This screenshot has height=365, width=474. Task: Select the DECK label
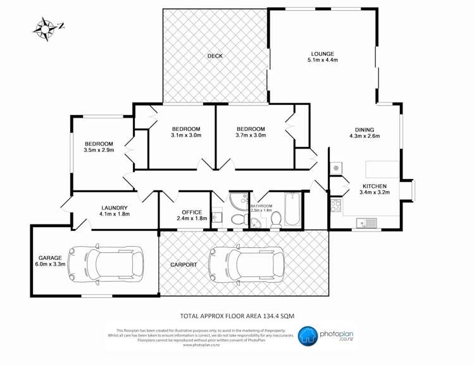pyautogui.click(x=215, y=56)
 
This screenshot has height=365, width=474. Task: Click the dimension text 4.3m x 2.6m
pyautogui.click(x=363, y=135)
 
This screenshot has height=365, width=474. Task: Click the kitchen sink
pyautogui.click(x=366, y=222)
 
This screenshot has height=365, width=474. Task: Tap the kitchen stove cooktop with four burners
pyautogui.click(x=335, y=205)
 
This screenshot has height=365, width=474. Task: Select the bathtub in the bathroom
pyautogui.click(x=292, y=211)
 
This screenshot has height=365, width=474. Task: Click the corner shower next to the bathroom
pyautogui.click(x=239, y=202)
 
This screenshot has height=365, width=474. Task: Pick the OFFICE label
pyautogui.click(x=191, y=212)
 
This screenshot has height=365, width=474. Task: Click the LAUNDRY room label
pyautogui.click(x=114, y=207)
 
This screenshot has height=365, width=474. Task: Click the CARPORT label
pyautogui.click(x=184, y=264)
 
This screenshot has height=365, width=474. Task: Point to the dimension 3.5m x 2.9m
pyautogui.click(x=99, y=151)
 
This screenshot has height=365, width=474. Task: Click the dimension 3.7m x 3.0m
pyautogui.click(x=251, y=135)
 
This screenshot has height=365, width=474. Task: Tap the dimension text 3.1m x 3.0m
pyautogui.click(x=185, y=135)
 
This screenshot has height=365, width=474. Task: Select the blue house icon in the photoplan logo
pyautogui.click(x=308, y=336)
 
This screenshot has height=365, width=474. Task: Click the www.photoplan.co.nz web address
pyautogui.click(x=196, y=345)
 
